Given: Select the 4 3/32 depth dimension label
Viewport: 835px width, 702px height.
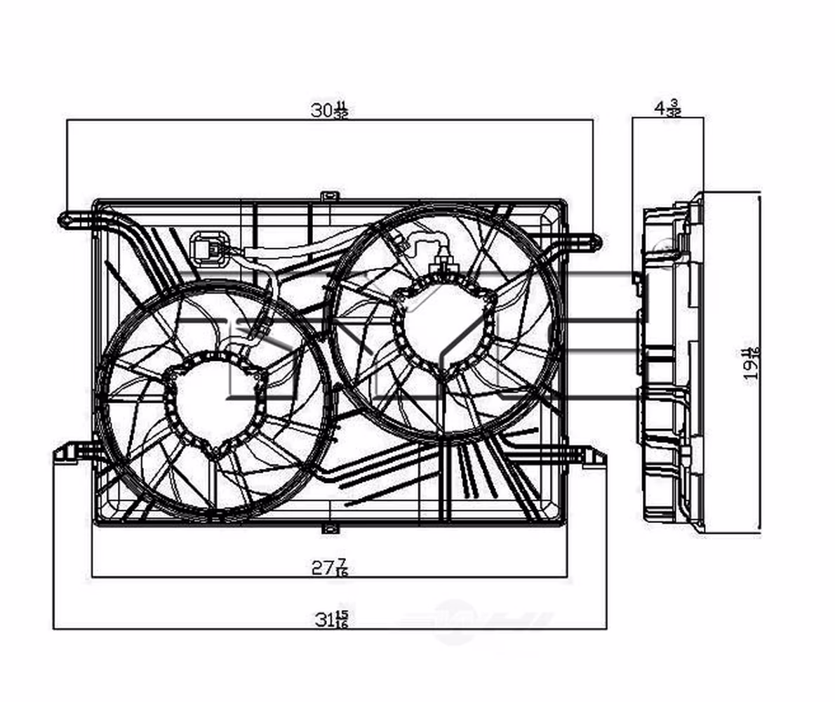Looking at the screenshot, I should tap(667, 109).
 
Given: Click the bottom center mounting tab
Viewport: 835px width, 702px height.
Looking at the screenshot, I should tap(330, 527).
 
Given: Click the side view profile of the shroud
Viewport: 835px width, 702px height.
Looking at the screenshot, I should tap(670, 362).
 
